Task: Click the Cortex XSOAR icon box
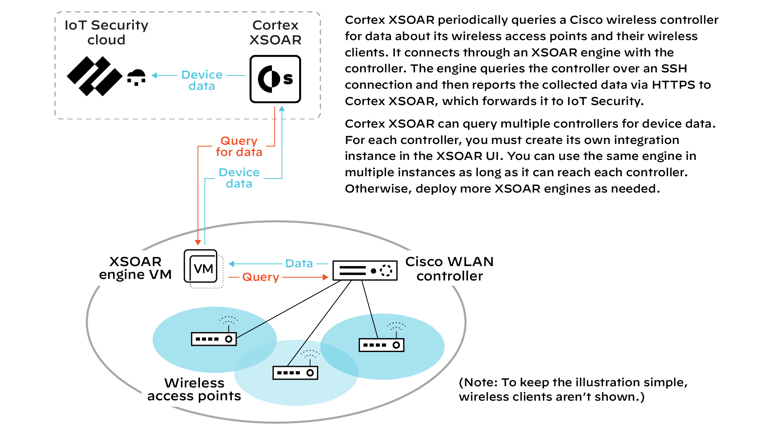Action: (x=275, y=79)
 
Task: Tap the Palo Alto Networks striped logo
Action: (x=95, y=76)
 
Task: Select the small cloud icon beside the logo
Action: (x=137, y=77)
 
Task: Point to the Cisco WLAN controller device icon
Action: (x=365, y=270)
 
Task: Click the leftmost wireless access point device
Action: (x=214, y=339)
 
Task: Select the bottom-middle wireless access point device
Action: (x=295, y=373)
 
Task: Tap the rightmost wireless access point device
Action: (x=381, y=345)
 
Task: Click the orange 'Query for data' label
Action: (x=239, y=146)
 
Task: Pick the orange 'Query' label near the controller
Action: (x=261, y=277)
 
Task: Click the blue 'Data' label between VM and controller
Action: (x=299, y=263)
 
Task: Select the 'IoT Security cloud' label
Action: (x=106, y=32)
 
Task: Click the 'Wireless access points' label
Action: (x=194, y=389)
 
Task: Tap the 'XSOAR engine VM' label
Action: (x=135, y=268)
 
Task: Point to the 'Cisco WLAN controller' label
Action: (x=449, y=268)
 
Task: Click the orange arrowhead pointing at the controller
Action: (x=326, y=277)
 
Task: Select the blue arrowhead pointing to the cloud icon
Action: (x=155, y=75)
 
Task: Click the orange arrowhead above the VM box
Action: (x=198, y=242)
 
